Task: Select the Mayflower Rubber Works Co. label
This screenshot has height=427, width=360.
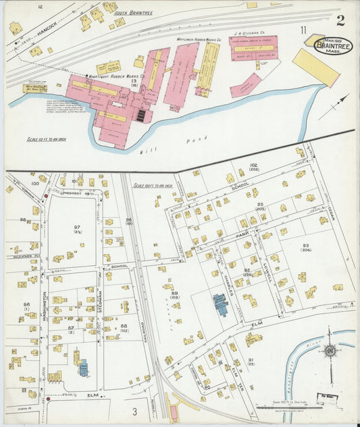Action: tap(190, 40)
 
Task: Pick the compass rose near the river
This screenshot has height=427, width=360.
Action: tap(330, 351)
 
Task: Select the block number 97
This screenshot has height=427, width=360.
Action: tap(77, 228)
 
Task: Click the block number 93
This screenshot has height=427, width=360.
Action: tap(305, 246)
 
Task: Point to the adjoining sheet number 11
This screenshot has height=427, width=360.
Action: tap(304, 30)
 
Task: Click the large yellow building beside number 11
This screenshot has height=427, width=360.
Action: tap(315, 67)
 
